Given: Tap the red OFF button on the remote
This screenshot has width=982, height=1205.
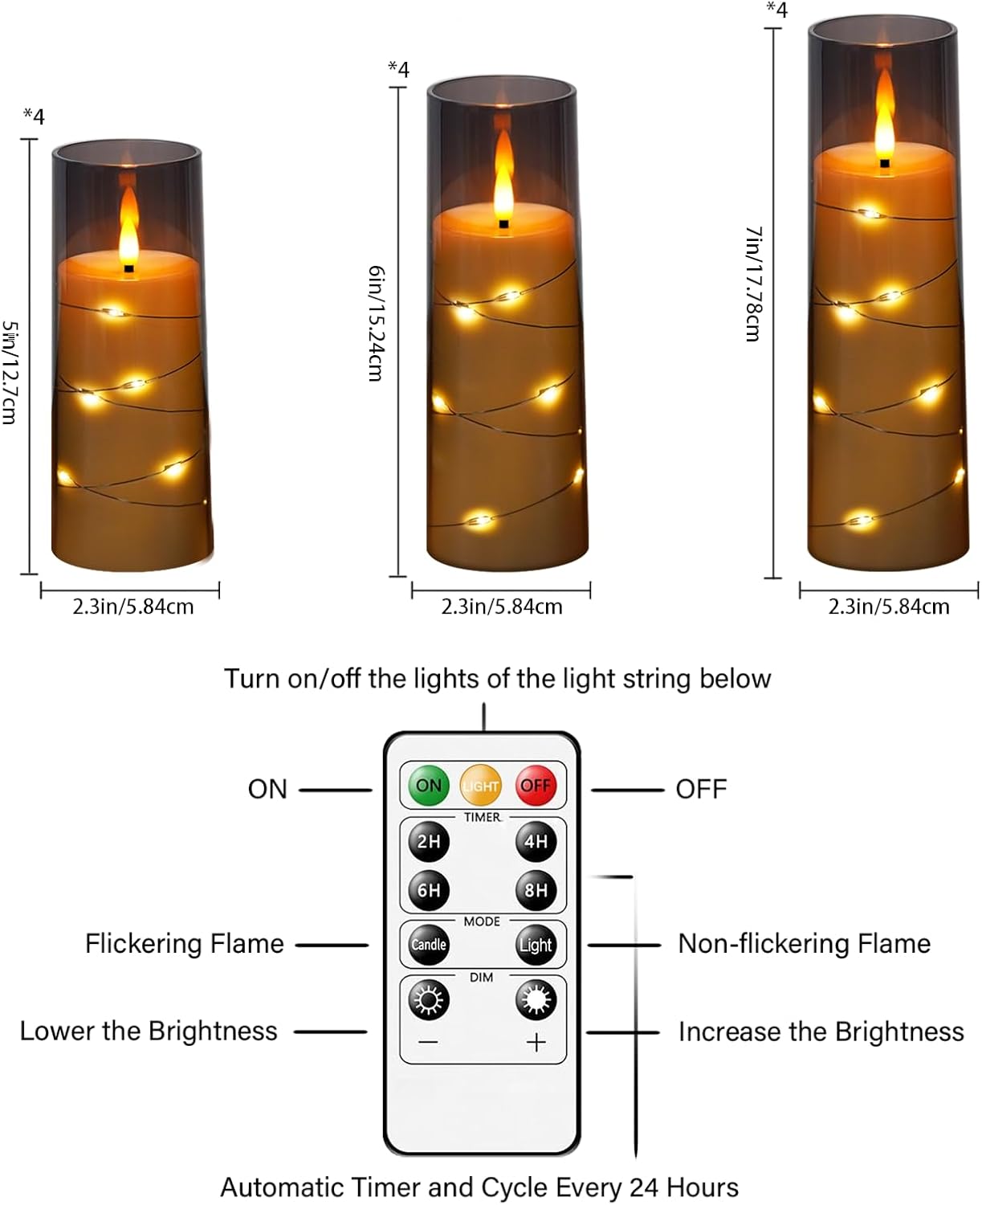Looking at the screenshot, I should click(x=536, y=785).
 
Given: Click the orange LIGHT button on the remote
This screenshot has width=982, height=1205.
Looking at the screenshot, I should click(x=481, y=786).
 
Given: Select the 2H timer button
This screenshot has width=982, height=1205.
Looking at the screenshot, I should click(x=429, y=841).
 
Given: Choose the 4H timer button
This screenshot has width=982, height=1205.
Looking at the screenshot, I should click(x=536, y=841).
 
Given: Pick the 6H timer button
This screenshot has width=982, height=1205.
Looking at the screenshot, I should click(x=429, y=890).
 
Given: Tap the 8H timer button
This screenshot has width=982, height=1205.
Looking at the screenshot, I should click(x=536, y=890).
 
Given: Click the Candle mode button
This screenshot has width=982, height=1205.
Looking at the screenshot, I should click(x=429, y=945).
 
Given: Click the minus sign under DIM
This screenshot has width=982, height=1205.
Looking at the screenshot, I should click(x=429, y=1042).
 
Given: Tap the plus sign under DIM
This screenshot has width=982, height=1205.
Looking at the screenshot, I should click(x=536, y=1042).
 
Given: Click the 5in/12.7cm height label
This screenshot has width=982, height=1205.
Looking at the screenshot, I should click(x=10, y=372).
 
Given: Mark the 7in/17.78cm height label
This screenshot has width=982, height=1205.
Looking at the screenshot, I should click(x=753, y=284).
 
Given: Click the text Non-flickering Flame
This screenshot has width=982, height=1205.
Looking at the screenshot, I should click(x=804, y=943).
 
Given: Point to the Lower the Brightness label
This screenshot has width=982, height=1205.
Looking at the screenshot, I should click(x=149, y=1031).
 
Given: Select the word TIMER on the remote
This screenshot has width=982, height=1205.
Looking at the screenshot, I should click(x=482, y=817).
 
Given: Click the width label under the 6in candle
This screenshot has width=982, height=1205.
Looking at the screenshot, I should click(x=502, y=607).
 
